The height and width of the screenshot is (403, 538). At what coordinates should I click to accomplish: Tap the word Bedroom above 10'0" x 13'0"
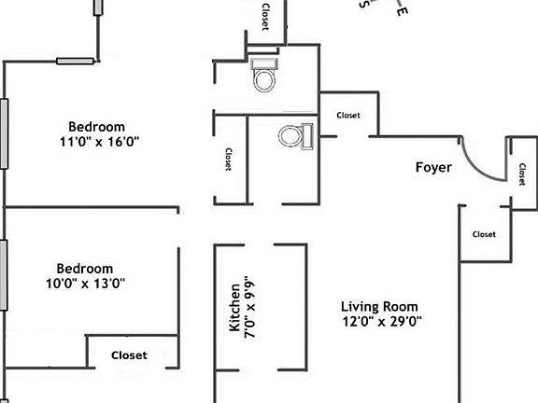(84, 268)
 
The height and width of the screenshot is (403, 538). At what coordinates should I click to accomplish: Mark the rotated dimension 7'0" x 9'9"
(249, 309)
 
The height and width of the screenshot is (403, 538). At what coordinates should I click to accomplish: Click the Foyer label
(433, 168)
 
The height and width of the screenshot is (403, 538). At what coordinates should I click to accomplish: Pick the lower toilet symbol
(293, 136)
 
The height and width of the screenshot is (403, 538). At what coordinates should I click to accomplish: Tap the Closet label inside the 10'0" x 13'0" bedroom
(129, 355)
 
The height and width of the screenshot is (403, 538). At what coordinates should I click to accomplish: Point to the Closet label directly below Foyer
(484, 234)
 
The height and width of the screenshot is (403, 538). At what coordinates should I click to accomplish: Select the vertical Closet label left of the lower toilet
(229, 159)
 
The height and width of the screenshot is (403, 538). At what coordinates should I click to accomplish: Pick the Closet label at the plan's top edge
(265, 17)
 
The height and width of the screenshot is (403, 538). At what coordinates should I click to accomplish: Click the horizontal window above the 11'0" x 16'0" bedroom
(75, 62)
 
